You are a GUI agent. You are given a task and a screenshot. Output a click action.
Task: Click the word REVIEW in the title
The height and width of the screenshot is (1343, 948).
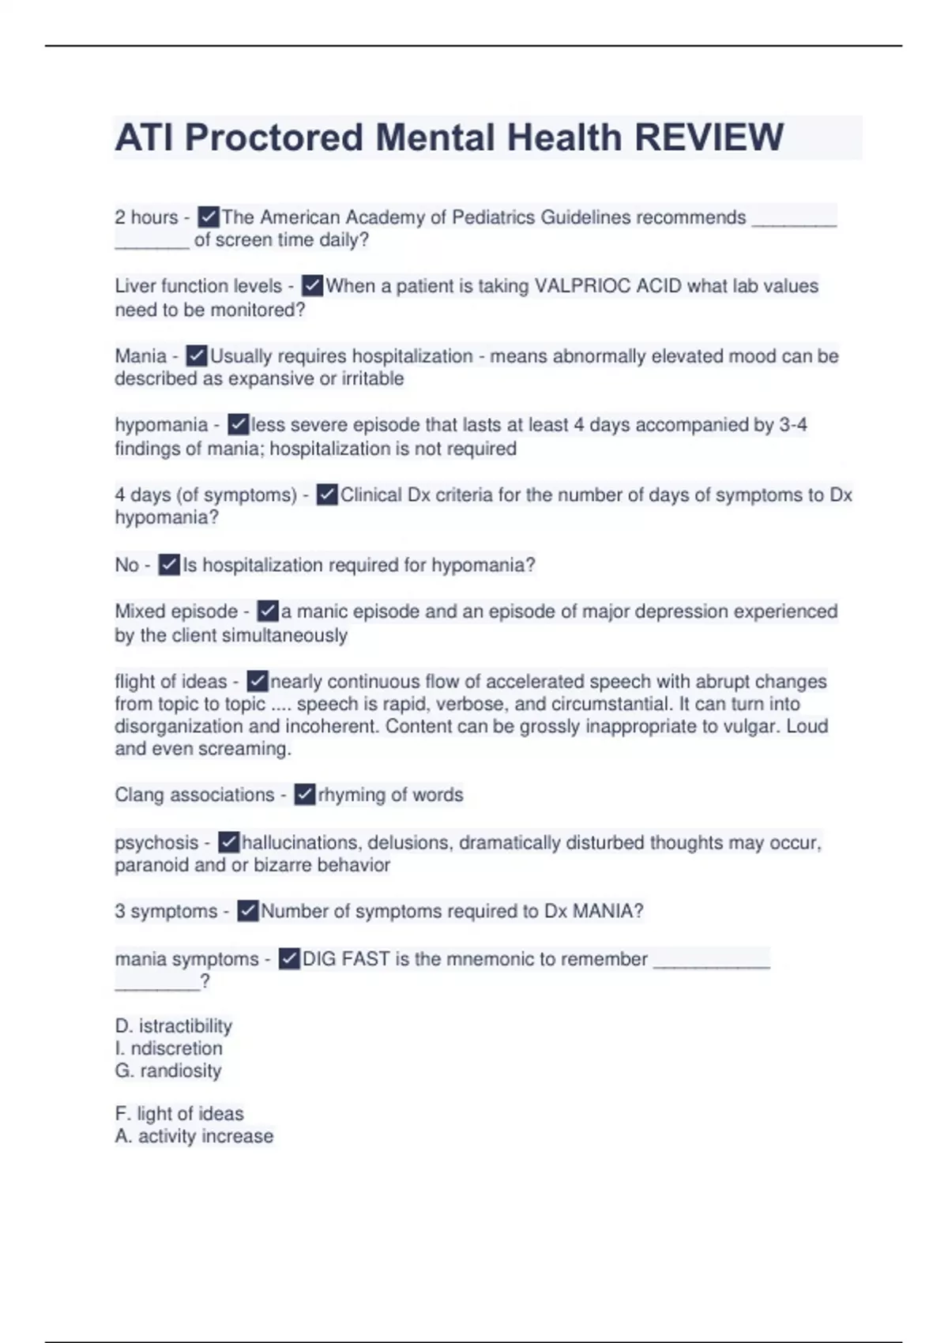coord(709,137)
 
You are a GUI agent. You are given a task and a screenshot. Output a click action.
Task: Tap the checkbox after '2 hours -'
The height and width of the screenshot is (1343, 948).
coord(209,216)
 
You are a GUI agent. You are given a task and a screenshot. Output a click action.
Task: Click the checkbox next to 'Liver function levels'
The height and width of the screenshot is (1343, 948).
coord(313,286)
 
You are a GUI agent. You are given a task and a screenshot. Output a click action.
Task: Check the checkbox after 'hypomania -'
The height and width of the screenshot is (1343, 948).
coord(238,425)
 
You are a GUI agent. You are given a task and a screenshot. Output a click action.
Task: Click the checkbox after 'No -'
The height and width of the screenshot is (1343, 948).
coord(169,565)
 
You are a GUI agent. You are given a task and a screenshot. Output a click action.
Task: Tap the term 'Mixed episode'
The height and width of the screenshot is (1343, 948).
coord(176,611)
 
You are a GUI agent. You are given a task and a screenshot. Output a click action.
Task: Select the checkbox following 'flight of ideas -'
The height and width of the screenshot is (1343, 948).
coord(258,681)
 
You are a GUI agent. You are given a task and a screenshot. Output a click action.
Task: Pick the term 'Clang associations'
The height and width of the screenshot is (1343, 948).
coord(194,795)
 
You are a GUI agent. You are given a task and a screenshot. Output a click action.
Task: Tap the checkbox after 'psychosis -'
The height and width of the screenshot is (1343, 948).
coord(228,842)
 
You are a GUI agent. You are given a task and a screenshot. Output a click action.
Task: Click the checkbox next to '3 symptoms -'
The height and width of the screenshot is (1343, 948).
coord(248,911)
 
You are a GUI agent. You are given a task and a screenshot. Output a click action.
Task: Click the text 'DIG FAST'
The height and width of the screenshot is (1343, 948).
coord(346,959)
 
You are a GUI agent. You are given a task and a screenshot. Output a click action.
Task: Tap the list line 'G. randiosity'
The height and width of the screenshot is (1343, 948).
coord(168,1071)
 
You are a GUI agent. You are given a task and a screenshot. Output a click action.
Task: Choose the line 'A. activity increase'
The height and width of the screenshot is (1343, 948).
coord(194,1136)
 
